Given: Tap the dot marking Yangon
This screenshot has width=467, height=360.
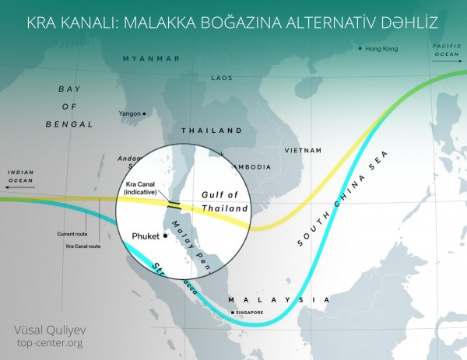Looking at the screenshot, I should click(x=144, y=114).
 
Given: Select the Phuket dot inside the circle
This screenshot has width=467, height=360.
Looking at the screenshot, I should click(x=166, y=236).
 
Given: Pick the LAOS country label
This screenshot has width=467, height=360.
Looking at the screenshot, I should click(x=222, y=78).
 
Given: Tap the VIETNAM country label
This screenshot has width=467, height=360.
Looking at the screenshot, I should click(x=304, y=149).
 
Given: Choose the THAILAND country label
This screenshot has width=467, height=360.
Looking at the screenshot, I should click(x=211, y=131).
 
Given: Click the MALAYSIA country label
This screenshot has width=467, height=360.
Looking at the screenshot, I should click(x=276, y=299).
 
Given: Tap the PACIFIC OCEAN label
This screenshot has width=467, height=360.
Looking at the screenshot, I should click(x=446, y=51).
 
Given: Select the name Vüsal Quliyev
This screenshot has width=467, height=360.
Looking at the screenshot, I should click(x=47, y=328).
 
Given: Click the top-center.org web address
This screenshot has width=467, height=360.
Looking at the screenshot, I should click(x=48, y=342).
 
